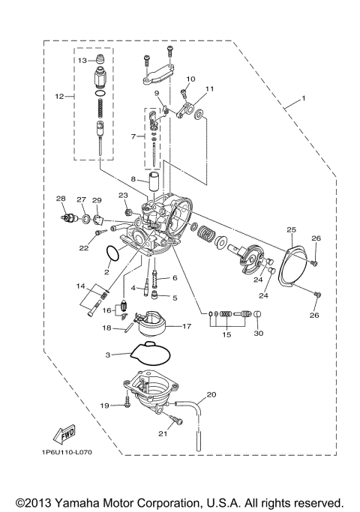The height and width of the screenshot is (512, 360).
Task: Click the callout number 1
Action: coord(303,98)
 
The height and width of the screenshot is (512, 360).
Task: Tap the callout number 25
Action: coord(291,229)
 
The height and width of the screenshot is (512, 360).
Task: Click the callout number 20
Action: coord(211,394)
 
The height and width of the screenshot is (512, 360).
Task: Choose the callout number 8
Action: coord(133,180)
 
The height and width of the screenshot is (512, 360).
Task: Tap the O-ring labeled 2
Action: coord(115,255)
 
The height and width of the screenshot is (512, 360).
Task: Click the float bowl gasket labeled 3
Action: coord(150,352)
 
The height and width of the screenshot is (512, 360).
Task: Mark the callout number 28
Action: coord(61,199)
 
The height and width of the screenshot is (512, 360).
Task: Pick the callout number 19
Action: coord(106,406)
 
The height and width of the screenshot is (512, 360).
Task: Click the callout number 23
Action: coord(123,195)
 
